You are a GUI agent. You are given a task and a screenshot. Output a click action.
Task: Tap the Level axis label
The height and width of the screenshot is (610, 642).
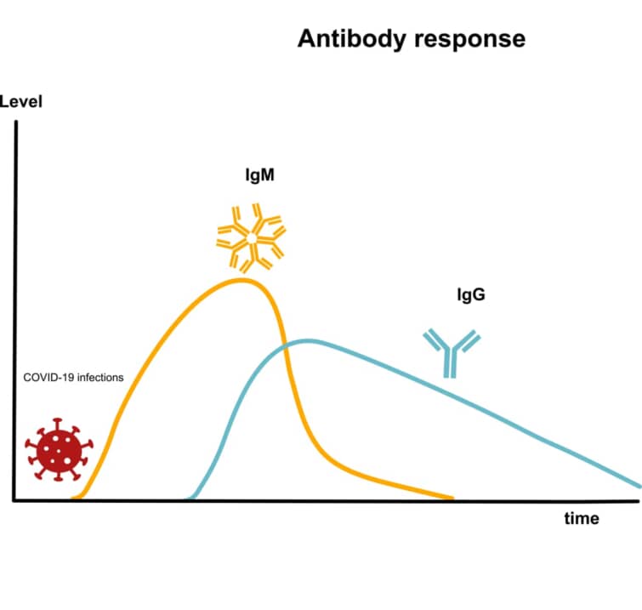[x=21, y=103]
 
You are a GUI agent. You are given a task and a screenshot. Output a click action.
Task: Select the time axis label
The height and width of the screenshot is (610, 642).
[x=582, y=518]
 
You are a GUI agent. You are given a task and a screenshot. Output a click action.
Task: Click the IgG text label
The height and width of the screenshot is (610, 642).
[x=470, y=297]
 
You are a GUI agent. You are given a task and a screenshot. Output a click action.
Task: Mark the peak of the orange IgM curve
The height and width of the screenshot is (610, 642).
[x=242, y=279]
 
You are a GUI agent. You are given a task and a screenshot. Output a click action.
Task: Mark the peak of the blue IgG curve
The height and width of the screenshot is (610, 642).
[x=307, y=341]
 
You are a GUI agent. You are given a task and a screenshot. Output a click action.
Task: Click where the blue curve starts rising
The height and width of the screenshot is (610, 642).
[x=192, y=497]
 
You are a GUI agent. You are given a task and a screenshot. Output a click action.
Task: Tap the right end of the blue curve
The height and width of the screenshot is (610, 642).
[x=639, y=486]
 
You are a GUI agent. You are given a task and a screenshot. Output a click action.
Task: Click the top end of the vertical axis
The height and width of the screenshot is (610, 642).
[x=15, y=123]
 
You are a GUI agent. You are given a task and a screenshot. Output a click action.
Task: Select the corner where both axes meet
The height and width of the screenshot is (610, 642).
[x=15, y=501]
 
